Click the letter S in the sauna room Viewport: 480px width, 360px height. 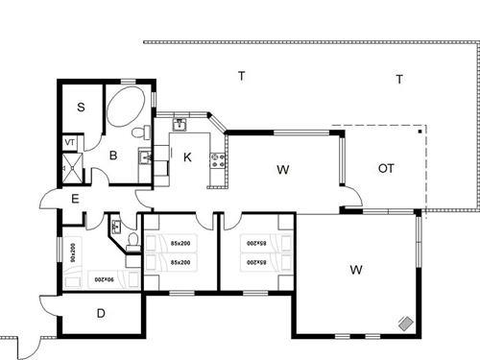(x=82, y=108)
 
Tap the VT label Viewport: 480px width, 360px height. (x=69, y=142)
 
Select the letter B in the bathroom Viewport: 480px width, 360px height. (x=112, y=154)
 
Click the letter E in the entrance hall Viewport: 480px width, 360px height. (x=75, y=199)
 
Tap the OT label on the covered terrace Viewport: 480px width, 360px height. (x=386, y=169)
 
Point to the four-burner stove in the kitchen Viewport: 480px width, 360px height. (x=218, y=158)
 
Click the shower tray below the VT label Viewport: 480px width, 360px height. (x=69, y=169)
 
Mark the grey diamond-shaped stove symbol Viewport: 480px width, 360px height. (x=406, y=324)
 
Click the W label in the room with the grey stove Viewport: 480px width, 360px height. (x=356, y=270)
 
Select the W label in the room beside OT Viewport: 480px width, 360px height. (x=282, y=170)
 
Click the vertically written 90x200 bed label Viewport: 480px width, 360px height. (x=73, y=254)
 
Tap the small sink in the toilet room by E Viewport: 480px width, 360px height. (x=115, y=227)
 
